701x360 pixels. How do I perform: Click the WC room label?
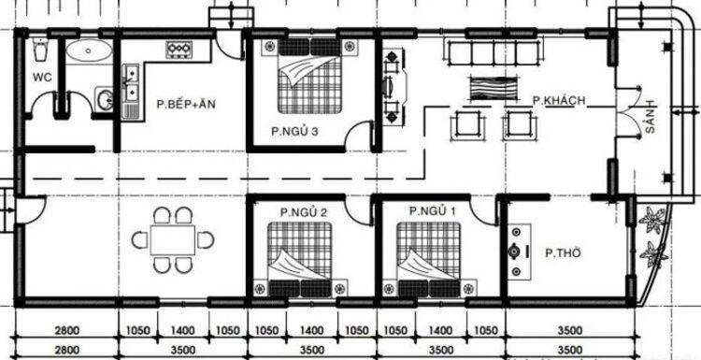pos(42,77)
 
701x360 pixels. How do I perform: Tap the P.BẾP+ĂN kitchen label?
pos(186,103)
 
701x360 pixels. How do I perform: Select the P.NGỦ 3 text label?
pos(294,131)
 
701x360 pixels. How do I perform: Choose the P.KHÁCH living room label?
pos(559,99)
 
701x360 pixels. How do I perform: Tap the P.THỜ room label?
pos(564,252)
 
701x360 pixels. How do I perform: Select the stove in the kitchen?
pos(178,49)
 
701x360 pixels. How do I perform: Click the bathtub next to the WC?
pos(88,51)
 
